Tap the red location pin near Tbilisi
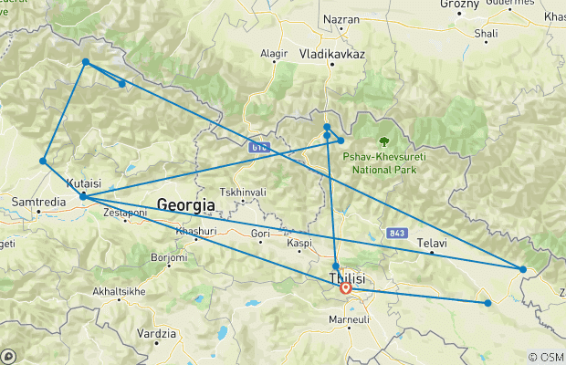pyautogui.click(x=346, y=288)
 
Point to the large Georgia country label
pyautogui.click(x=185, y=205)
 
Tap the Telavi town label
pyautogui.click(x=431, y=244)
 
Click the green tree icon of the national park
pyautogui.click(x=383, y=141)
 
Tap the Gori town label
pyautogui.click(x=260, y=235)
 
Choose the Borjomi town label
pyautogui.click(x=169, y=258)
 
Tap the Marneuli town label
pyautogui.click(x=348, y=320)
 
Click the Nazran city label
pyautogui.click(x=342, y=18)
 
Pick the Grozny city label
pyautogui.click(x=459, y=4)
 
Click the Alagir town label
pyautogui.click(x=274, y=54)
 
